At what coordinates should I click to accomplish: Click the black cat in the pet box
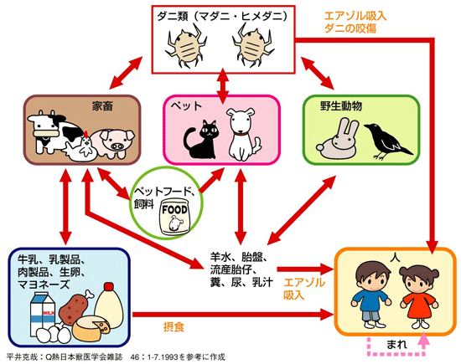[201, 140]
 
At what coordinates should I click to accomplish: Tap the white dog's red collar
[241, 134]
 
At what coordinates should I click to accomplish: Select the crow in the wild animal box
[386, 141]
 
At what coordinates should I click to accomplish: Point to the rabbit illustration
[338, 138]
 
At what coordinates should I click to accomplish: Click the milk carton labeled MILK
[43, 314]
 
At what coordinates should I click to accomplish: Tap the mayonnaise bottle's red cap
[109, 286]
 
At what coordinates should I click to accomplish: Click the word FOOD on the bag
[174, 209]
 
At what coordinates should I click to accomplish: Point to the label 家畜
[102, 106]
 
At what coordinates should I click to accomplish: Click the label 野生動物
[341, 106]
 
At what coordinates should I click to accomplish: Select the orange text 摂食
[174, 326]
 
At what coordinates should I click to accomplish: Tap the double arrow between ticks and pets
[223, 85]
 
